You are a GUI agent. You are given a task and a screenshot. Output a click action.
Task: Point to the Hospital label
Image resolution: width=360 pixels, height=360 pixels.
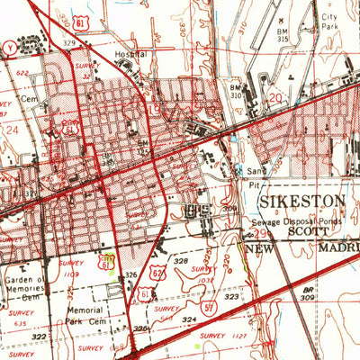(131, 55)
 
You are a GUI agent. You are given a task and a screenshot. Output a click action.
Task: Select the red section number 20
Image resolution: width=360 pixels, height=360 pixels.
(274, 96)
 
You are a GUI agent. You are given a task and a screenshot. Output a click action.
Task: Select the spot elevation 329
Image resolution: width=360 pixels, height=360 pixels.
(69, 42)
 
